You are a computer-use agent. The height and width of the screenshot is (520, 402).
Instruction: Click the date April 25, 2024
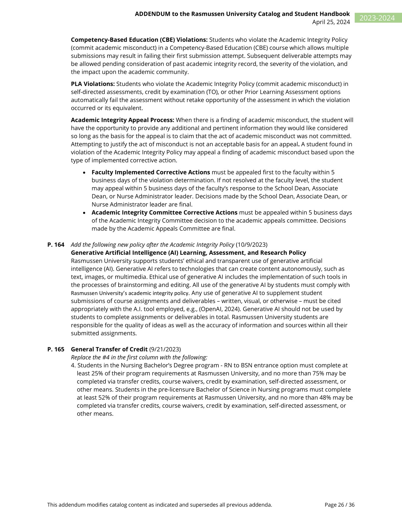(x=331, y=22)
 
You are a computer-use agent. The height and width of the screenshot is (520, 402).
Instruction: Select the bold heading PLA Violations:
(x=93, y=84)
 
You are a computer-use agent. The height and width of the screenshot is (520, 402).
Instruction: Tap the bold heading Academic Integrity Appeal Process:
(x=123, y=120)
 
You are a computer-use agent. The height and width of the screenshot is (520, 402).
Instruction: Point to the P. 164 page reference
(x=56, y=245)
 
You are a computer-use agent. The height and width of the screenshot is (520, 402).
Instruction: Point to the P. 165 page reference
(x=56, y=349)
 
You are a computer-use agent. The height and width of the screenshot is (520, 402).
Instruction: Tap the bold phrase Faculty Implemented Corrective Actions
(x=151, y=172)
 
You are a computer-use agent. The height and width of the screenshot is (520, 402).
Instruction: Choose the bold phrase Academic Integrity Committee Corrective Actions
(x=164, y=213)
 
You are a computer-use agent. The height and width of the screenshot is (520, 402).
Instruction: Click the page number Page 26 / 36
(x=339, y=505)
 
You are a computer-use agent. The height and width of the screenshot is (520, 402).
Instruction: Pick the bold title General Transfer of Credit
(x=109, y=349)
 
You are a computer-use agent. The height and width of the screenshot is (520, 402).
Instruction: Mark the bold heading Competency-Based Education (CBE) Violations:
(x=139, y=40)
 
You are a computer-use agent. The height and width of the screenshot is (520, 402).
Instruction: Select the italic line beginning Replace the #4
(x=139, y=357)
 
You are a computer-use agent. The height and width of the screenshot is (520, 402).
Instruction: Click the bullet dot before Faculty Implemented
(x=85, y=173)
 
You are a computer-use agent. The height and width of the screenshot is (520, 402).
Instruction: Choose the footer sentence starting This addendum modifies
(x=160, y=505)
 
